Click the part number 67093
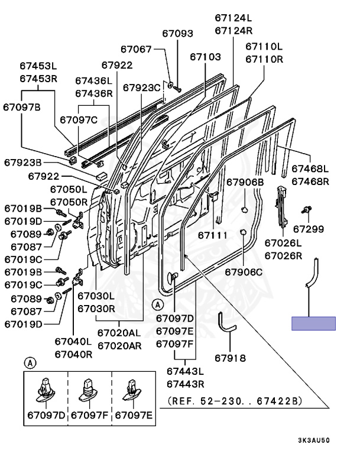[177, 34]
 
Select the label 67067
[137, 50]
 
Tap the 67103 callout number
[205, 57]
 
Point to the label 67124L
[233, 19]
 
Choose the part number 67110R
[264, 59]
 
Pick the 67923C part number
[142, 87]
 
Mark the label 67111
[213, 235]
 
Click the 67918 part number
[230, 358]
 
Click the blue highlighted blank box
[313, 323]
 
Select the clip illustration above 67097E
[132, 388]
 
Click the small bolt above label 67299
[307, 210]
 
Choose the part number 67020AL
[119, 333]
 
